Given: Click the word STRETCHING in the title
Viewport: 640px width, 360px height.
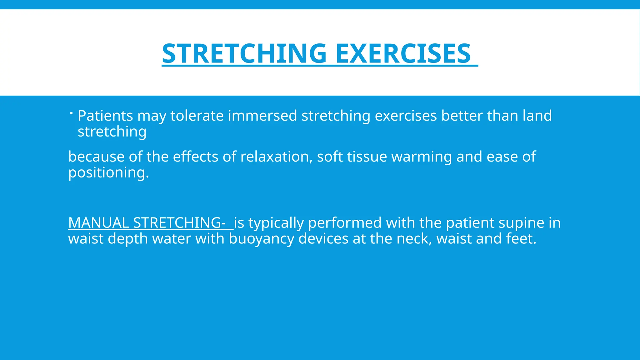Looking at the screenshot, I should pos(244,53).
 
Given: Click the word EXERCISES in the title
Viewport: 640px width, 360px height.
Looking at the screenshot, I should pos(403,53).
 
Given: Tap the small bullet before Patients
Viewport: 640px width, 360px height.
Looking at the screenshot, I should pos(71,113).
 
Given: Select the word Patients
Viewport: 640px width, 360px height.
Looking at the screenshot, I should pos(105,116).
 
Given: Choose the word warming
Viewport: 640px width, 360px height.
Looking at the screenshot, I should pos(422,157).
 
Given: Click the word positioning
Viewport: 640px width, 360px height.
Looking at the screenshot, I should pos(108,173).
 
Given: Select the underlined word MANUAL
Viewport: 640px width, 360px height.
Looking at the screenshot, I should pos(98,223).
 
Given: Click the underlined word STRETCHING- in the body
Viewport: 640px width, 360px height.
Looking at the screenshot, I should pos(179,223).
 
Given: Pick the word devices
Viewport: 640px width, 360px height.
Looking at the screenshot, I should pos(323,239).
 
